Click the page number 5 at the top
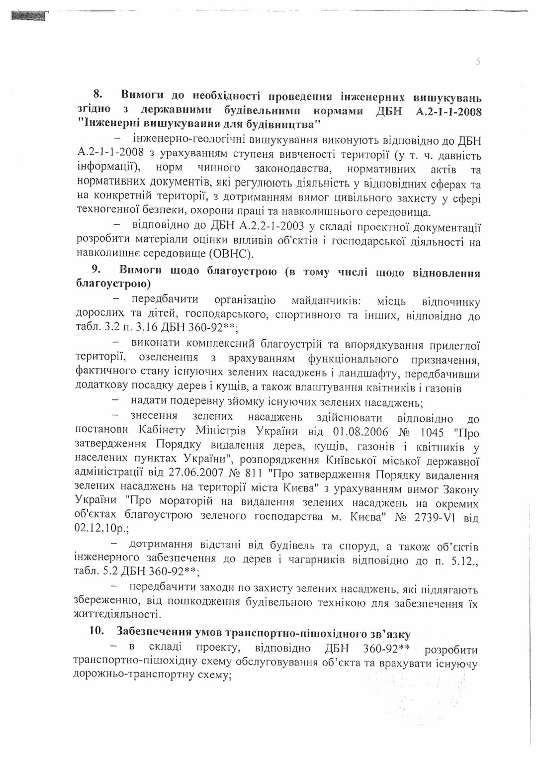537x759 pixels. click(478, 62)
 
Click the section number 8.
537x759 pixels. click(98, 94)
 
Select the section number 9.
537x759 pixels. click(96, 269)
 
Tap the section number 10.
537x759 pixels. click(96, 631)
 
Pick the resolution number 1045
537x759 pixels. click(432, 432)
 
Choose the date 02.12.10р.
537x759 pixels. click(98, 528)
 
